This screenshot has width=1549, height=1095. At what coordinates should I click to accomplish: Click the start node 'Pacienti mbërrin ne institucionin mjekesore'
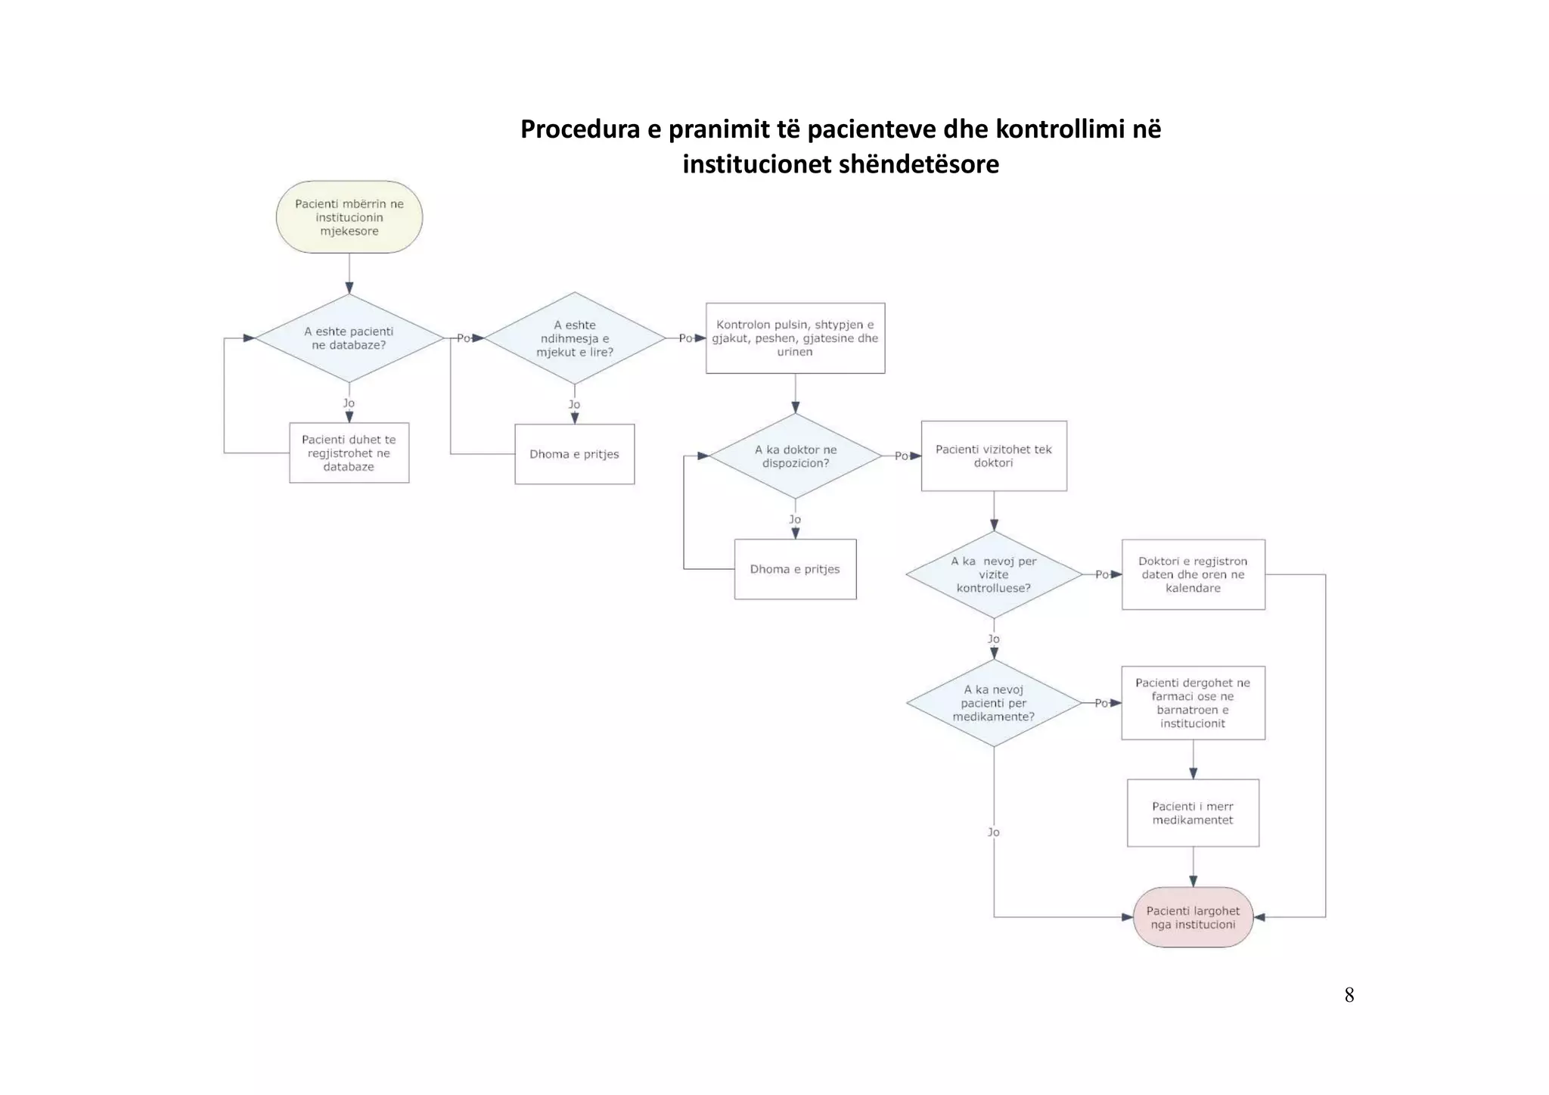click(349, 217)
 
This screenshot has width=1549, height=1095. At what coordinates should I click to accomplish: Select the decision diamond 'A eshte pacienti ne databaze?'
click(349, 338)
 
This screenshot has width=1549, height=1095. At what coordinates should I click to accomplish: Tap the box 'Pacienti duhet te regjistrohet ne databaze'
click(349, 453)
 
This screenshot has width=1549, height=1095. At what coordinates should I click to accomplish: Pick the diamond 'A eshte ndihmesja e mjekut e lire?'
click(574, 338)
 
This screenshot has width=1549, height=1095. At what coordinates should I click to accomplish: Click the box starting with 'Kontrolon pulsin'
click(795, 338)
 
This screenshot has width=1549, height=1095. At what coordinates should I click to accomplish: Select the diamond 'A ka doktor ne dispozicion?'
click(795, 456)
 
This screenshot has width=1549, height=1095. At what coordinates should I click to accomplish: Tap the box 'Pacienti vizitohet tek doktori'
click(993, 456)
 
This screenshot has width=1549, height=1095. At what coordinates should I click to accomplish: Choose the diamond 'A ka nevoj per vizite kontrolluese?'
click(993, 574)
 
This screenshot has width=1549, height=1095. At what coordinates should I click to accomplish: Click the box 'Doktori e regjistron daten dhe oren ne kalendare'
click(1193, 574)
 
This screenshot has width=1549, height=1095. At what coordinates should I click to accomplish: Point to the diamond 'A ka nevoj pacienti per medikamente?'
click(993, 703)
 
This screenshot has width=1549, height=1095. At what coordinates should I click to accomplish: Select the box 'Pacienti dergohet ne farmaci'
click(1193, 703)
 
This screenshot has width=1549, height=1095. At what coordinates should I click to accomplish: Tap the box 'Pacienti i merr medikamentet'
click(1193, 813)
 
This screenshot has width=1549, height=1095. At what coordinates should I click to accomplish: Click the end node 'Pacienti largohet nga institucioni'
click(1193, 917)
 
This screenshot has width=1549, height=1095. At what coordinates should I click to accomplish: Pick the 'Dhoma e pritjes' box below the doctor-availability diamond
click(795, 569)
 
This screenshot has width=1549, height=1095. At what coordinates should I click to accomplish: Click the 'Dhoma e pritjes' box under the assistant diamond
click(574, 454)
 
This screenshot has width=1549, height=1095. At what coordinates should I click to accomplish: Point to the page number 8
click(1349, 995)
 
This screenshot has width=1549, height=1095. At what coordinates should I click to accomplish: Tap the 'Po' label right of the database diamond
click(463, 338)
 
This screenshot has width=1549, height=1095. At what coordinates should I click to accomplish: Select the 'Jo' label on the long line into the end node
click(993, 832)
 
